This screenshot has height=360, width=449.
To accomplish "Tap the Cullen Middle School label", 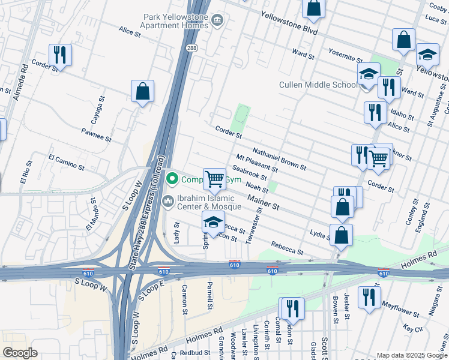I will [318, 85].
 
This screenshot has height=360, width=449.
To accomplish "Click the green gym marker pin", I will [172, 179].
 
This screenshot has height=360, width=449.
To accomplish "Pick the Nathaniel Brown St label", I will [279, 158].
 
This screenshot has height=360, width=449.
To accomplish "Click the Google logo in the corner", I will [20, 353].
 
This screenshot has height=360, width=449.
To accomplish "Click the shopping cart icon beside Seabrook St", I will [214, 178].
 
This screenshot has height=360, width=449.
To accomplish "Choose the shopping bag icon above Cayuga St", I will [142, 92].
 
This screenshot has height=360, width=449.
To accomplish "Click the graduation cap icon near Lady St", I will [214, 223].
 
